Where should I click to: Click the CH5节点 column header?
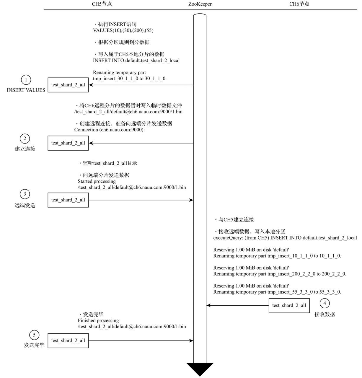[102, 4]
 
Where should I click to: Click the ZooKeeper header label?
[200, 4]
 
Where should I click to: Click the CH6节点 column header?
[299, 4]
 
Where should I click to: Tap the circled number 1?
[26, 80]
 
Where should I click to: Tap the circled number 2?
[25, 139]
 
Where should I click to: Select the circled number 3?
[25, 194]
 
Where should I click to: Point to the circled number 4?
[325, 303]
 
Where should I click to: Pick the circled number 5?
[34, 335]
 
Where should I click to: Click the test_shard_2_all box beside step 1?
[68, 85]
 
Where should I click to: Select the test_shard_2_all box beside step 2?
[68, 143]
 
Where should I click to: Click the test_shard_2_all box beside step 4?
[289, 305]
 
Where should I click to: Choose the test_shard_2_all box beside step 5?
[68, 340]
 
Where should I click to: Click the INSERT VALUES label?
[26, 90]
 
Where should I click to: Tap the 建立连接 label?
[25, 149]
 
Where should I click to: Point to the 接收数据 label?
[325, 314]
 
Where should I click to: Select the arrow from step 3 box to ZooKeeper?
[141, 200]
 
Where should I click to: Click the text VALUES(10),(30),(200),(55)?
[123, 30]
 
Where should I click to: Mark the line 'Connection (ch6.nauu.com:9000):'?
[110, 130]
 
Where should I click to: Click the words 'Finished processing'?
[98, 320]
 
